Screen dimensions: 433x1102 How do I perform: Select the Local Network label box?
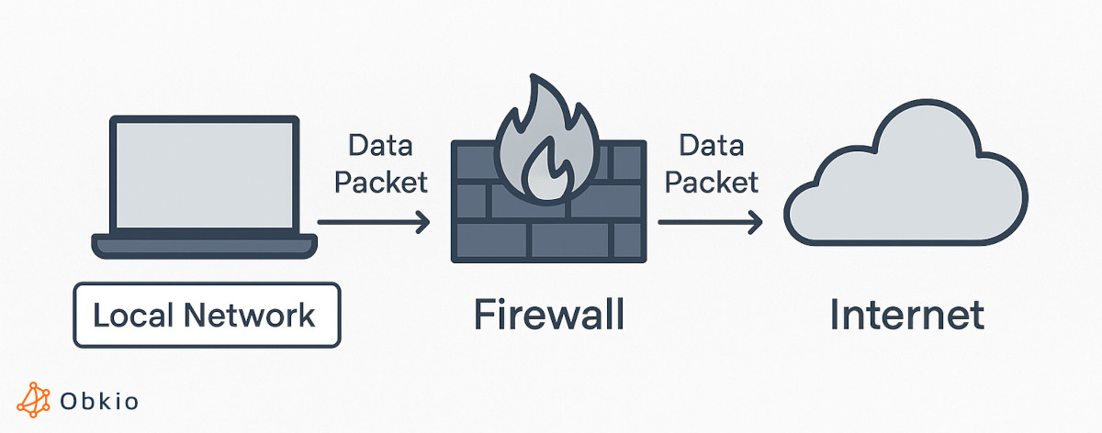point(206,316)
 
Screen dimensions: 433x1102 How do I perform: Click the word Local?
point(133,316)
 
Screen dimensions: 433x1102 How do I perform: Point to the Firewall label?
point(549,315)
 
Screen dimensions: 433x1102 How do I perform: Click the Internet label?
point(906,315)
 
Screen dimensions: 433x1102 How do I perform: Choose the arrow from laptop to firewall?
point(372,221)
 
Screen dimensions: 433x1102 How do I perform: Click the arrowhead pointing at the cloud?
point(756,221)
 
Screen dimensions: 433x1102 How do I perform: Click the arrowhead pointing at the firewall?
point(422,221)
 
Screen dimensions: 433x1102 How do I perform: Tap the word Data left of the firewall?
point(380,146)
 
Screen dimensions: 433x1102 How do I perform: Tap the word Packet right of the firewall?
point(712,182)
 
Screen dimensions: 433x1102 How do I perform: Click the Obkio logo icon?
point(35,400)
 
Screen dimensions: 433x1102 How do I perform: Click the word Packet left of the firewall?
point(380,182)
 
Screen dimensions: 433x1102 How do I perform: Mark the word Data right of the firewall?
point(711,146)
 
